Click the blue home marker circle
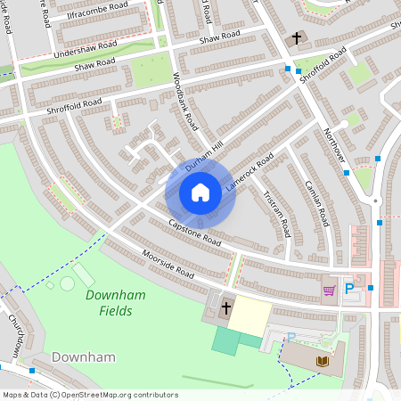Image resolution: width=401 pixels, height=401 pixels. click(200, 192)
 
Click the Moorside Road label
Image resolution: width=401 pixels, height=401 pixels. click(167, 263)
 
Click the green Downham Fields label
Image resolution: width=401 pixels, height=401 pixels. click(109, 303)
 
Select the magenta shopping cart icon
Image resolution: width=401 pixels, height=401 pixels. click(329, 289)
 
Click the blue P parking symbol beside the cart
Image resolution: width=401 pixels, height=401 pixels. click(349, 289)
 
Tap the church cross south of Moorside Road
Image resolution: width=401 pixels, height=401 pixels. click(226, 308)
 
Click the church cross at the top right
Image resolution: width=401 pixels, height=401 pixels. click(297, 39)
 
